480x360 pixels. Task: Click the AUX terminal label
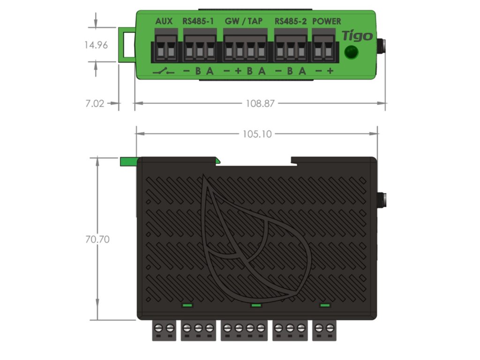click(x=164, y=21)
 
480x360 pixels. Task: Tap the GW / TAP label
click(x=244, y=21)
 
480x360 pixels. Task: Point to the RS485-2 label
click(x=291, y=21)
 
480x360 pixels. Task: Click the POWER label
click(x=326, y=21)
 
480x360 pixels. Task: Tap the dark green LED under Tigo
click(x=351, y=52)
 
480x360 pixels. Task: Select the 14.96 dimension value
click(x=96, y=45)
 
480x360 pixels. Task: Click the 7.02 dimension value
click(x=95, y=104)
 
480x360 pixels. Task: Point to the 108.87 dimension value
click(x=260, y=104)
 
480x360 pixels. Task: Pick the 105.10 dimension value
click(x=257, y=134)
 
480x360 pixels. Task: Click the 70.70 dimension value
click(x=97, y=239)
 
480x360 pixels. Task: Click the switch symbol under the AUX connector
click(x=164, y=72)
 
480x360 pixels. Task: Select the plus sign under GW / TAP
click(x=238, y=71)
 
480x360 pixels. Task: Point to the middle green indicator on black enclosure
click(x=256, y=305)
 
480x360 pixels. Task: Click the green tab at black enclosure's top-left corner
click(x=128, y=161)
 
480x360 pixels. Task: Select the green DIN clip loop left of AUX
click(x=126, y=45)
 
